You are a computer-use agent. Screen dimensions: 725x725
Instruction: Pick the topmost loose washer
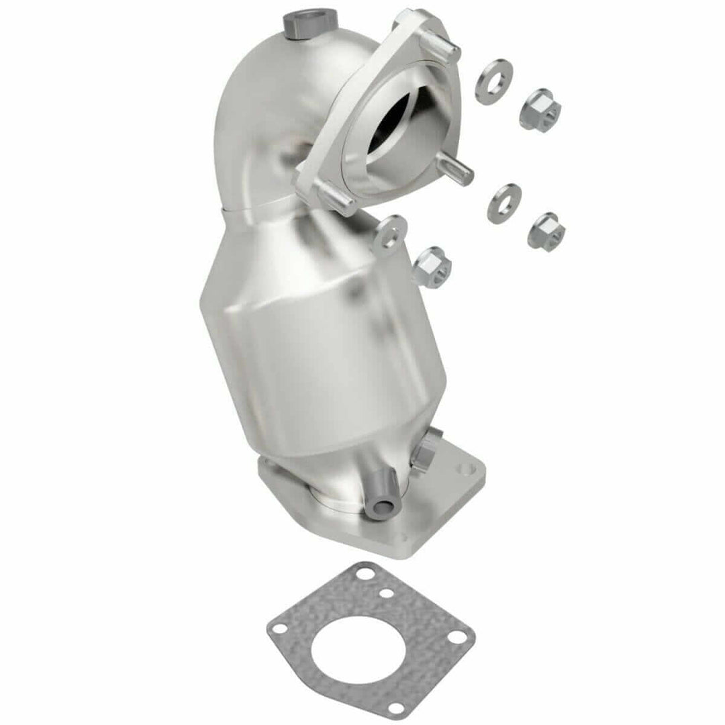tap(493, 81)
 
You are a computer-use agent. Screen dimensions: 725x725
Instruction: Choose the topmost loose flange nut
tap(539, 109)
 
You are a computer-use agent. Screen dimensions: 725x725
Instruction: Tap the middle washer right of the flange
tap(504, 203)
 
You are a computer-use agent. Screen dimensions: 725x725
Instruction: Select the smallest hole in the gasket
tap(386, 593)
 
